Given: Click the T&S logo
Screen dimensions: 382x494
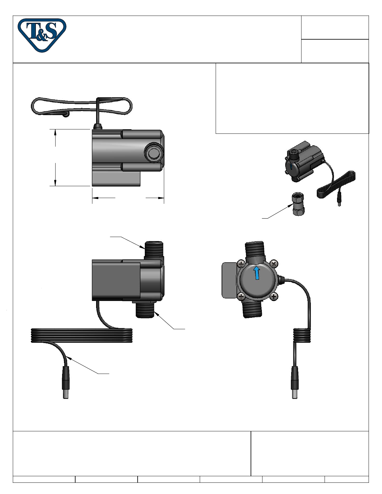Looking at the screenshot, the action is [42, 35].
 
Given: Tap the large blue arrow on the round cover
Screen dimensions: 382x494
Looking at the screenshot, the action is [257, 273].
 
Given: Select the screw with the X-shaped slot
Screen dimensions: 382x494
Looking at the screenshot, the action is [274, 264].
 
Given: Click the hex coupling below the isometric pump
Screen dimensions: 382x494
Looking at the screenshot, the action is [298, 204].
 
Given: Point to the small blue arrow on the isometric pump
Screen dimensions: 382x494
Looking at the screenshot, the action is [291, 167].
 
